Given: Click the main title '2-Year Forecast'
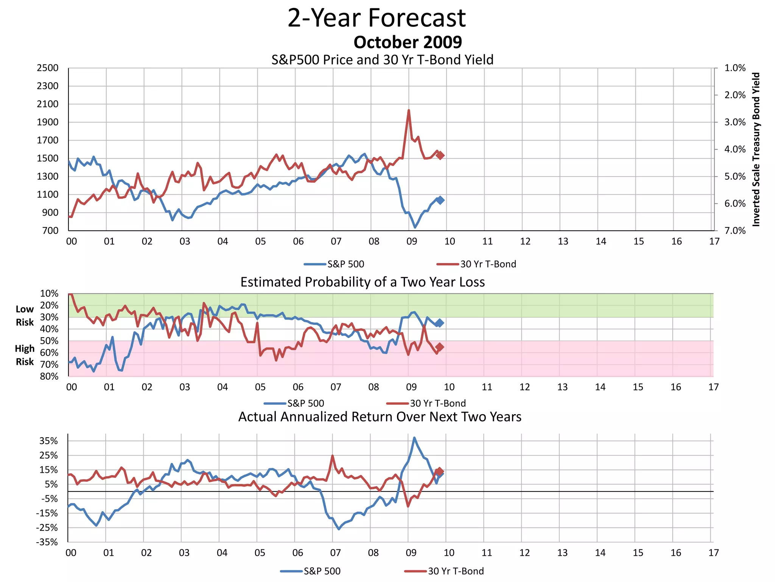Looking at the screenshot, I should point(377,18).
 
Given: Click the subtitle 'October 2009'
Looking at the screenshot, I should point(408,42).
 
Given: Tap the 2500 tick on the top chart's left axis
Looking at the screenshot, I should point(48,68).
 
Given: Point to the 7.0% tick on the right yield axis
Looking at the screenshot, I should point(735,231).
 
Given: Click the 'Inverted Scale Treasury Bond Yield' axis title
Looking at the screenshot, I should point(756,150).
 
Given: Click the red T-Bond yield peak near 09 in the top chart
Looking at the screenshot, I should point(409,111).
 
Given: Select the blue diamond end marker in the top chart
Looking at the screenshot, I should point(440,200).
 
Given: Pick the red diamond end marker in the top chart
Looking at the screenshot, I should point(440,155).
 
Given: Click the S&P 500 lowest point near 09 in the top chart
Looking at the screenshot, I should point(415,227).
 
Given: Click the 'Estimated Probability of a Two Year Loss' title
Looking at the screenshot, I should point(362,282).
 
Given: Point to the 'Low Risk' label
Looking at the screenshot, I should point(25,316).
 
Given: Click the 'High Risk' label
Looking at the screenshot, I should point(25,355).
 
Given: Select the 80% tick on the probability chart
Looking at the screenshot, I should point(49,376).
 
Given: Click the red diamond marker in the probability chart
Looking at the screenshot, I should point(439,347).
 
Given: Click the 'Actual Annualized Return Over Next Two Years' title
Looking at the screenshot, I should point(380,417).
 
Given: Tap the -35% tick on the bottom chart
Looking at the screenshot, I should point(47,542).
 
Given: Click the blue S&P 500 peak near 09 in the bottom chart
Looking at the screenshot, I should point(414,438).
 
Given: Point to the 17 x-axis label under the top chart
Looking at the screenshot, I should point(714,242).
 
